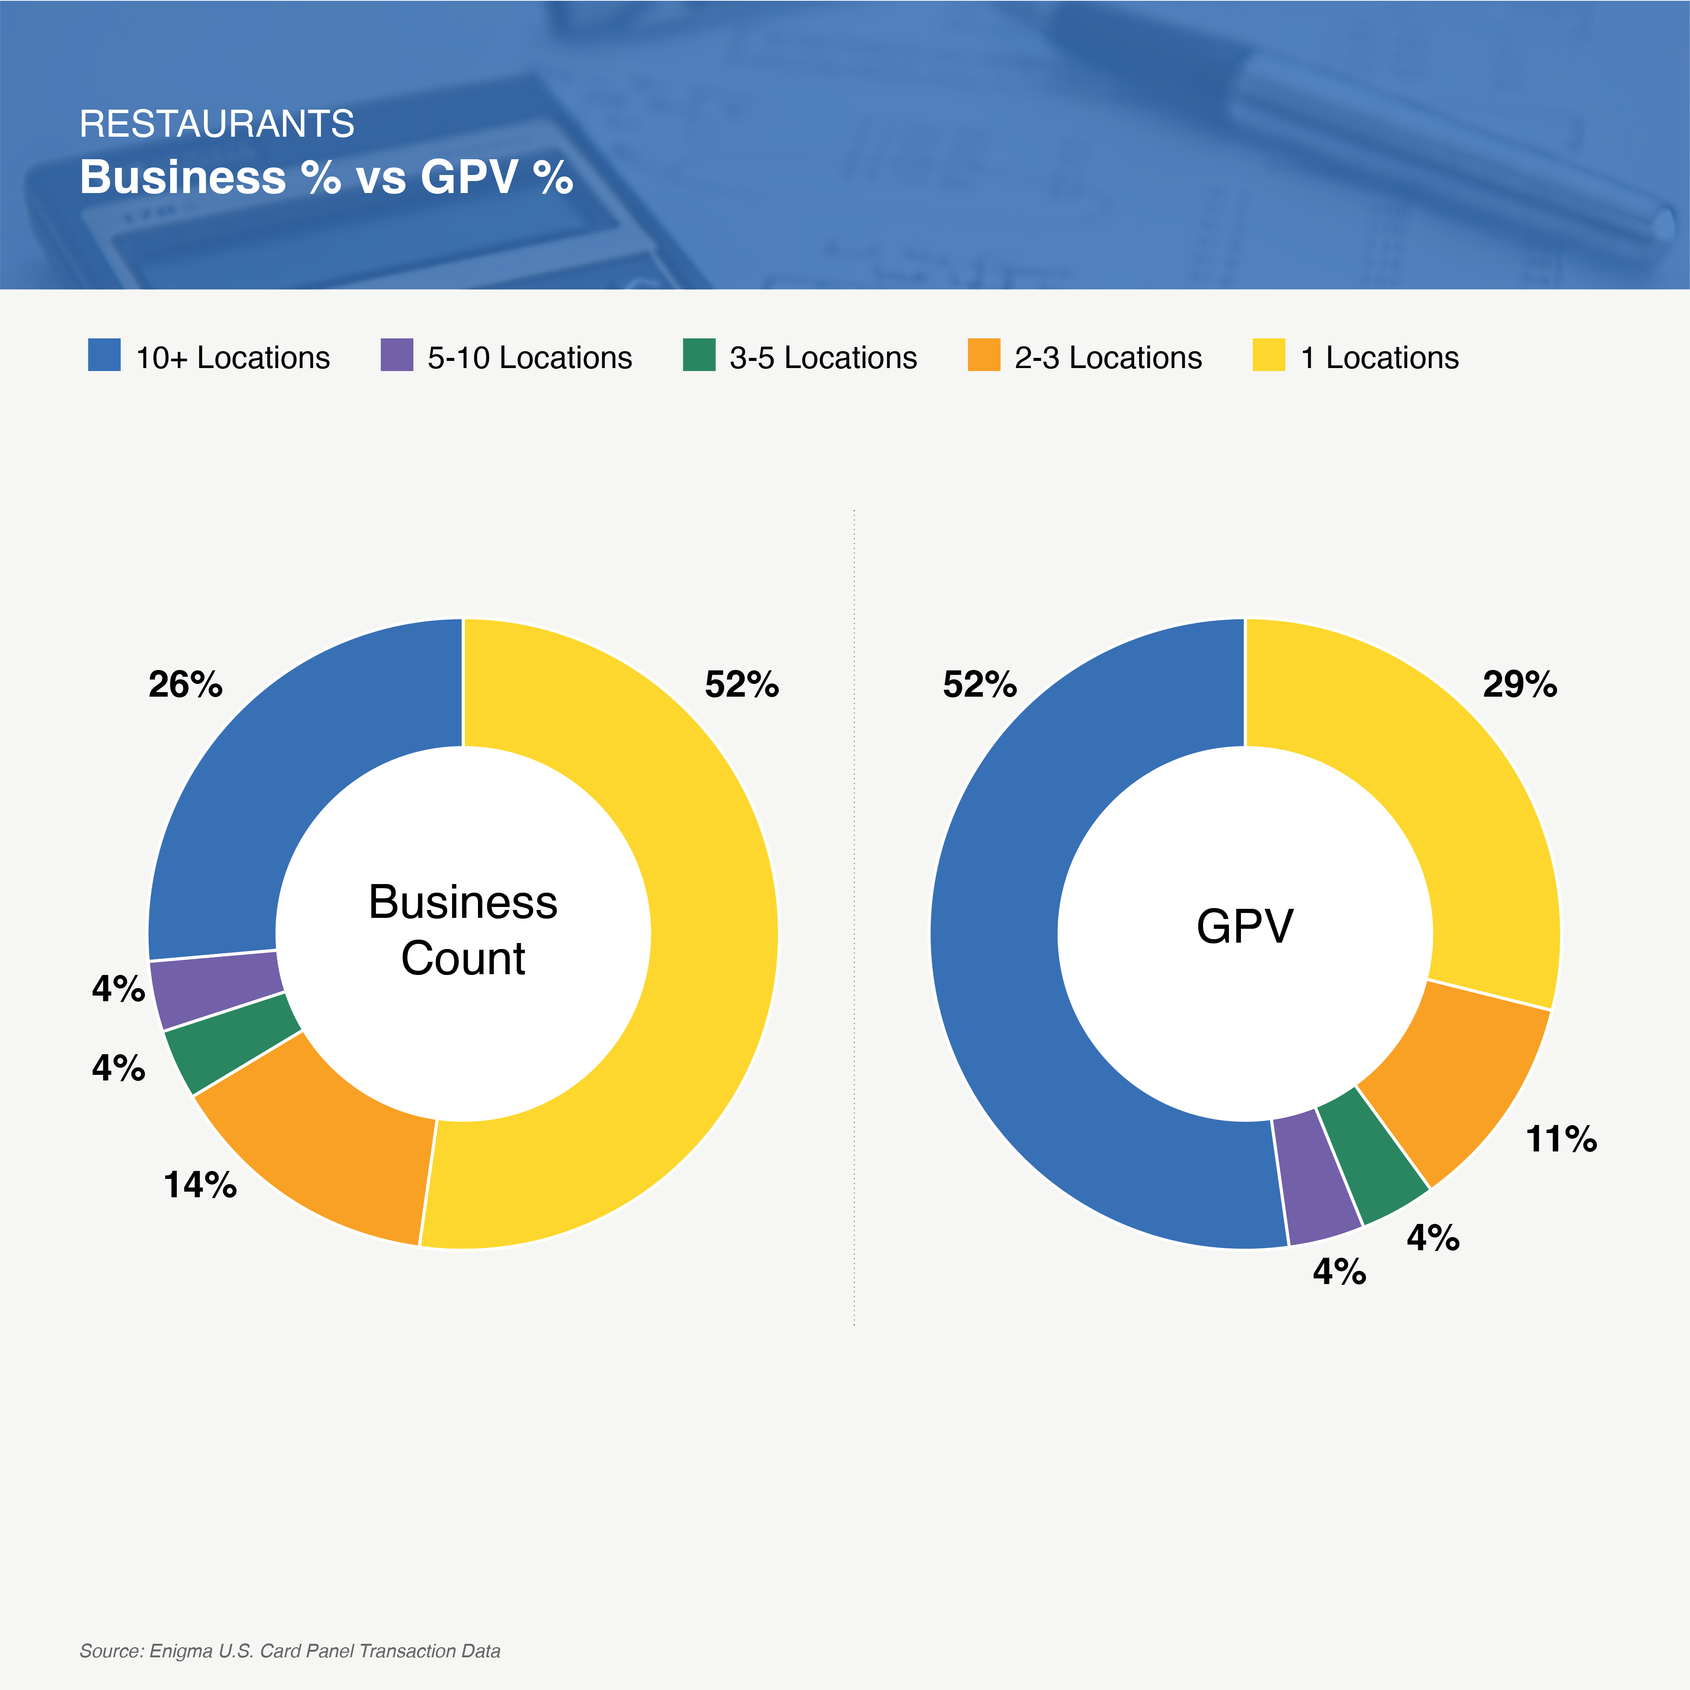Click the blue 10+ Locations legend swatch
[x=104, y=355]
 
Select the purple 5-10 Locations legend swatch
[x=396, y=355]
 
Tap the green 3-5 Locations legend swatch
[x=699, y=355]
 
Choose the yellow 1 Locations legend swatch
[x=1268, y=355]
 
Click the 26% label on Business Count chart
[x=185, y=684]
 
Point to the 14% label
[x=201, y=1185]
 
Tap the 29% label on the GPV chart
[x=1520, y=684]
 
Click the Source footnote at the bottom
[x=289, y=1651]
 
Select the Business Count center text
[x=463, y=930]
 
